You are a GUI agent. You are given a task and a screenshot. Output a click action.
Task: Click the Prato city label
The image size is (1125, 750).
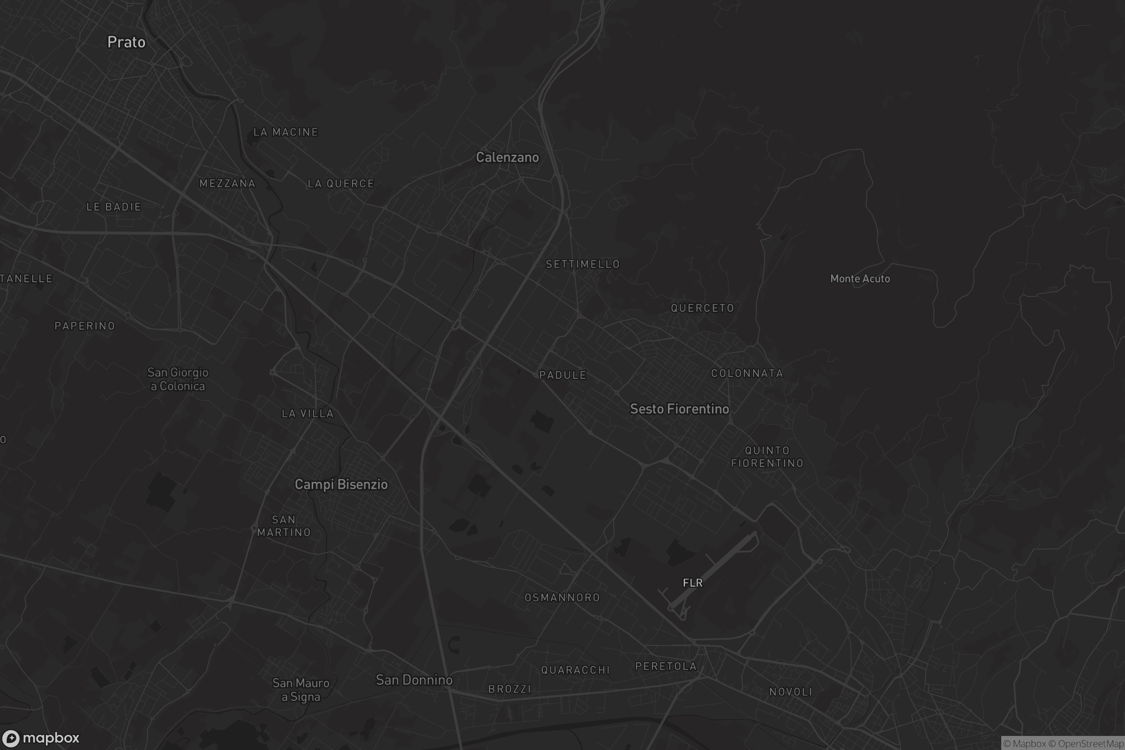[126, 42]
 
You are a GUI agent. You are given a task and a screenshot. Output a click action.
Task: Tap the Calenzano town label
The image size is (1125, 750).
[507, 157]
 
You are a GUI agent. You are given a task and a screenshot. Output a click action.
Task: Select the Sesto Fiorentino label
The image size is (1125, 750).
[679, 409]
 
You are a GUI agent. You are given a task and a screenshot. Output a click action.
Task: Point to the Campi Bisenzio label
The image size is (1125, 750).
[341, 485]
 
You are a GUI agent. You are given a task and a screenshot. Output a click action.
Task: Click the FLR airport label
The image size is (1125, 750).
[693, 583]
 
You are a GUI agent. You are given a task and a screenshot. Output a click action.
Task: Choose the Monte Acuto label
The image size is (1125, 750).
[860, 279]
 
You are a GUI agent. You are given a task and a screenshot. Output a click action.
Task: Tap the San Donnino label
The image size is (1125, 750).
[414, 680]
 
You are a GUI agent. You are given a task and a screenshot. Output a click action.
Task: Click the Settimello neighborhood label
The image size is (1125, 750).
[583, 264]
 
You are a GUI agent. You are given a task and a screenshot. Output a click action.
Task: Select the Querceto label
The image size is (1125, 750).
[702, 308]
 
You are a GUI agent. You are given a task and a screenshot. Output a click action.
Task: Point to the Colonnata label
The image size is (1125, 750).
[747, 374]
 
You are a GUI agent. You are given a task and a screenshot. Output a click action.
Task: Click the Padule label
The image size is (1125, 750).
[562, 375]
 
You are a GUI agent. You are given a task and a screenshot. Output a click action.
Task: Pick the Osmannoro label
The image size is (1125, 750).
[562, 597]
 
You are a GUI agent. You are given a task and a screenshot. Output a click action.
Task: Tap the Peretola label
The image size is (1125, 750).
[666, 666]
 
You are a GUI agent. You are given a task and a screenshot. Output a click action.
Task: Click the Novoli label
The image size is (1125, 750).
[791, 692]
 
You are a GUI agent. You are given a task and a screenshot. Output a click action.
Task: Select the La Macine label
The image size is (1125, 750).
[285, 132]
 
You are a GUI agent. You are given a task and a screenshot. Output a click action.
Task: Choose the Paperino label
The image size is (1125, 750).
[85, 326]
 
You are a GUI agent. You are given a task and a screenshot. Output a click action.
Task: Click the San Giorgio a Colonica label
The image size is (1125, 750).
[178, 379]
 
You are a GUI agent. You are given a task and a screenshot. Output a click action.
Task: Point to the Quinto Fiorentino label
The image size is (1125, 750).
[767, 457]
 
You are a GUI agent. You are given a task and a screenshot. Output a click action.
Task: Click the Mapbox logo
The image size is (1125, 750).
[40, 738]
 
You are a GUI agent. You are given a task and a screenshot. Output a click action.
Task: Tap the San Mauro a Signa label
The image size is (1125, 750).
[301, 690]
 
